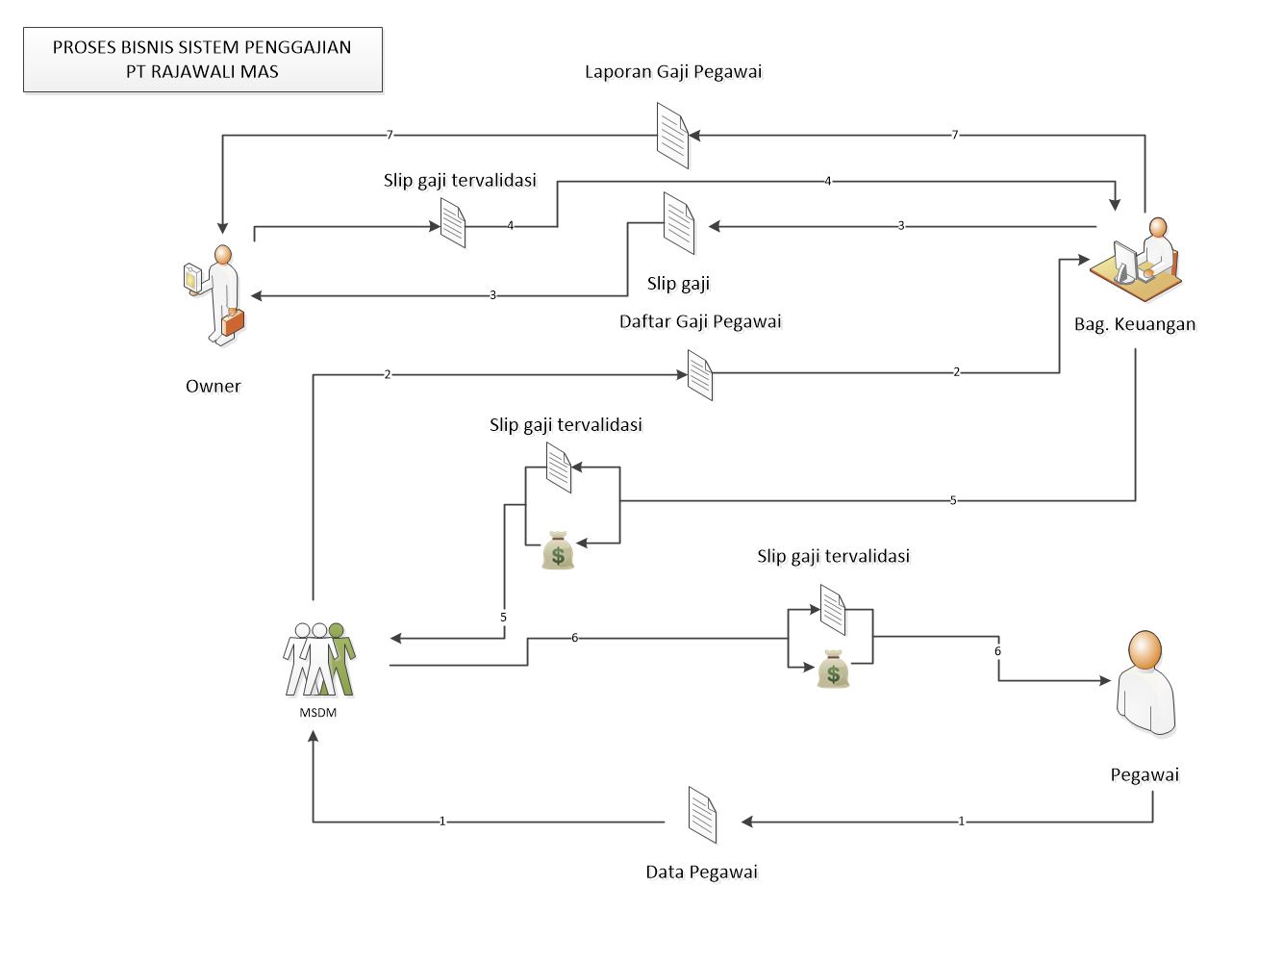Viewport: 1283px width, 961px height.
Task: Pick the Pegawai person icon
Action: pos(1145,683)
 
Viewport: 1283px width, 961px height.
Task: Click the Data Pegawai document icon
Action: pos(703,815)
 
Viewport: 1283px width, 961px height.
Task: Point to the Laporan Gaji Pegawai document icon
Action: pos(672,136)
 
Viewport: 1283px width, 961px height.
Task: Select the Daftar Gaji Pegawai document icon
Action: pos(700,374)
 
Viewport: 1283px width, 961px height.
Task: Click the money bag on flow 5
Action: pos(558,550)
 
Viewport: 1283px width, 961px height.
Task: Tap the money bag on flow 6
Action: pos(833,670)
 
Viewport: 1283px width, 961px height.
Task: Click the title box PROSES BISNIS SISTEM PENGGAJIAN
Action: pos(202,60)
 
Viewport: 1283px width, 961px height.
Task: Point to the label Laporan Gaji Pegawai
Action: pos(673,72)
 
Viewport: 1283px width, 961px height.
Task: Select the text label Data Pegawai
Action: pos(701,872)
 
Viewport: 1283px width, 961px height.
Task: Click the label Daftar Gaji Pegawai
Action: pos(700,321)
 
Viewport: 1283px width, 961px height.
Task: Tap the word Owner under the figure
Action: pos(213,386)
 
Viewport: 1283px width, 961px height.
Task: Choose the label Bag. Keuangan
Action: pos(1135,324)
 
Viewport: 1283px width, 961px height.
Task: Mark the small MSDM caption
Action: pos(318,713)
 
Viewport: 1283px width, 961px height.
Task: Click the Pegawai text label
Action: pos(1145,774)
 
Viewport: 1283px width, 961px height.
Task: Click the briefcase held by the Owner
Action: pos(233,323)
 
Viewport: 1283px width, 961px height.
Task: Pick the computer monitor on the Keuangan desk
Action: pos(1123,260)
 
